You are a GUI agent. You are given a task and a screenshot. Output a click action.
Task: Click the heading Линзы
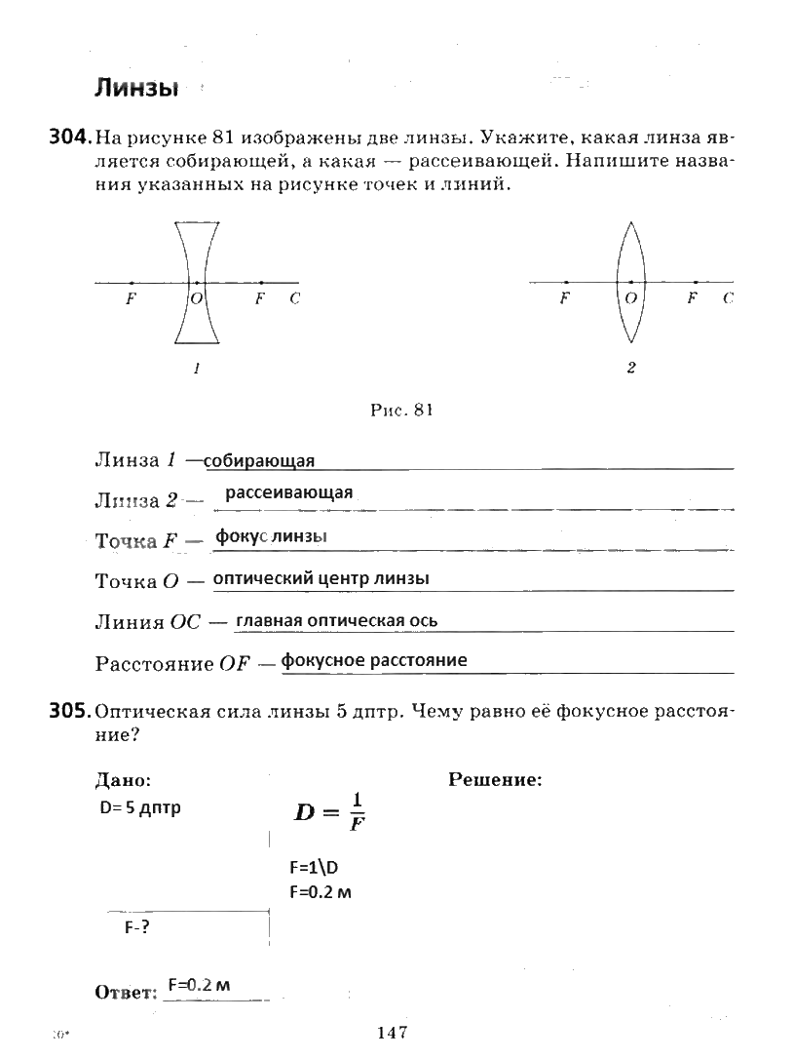pos(135,89)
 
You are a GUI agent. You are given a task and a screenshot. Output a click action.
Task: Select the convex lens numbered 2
pos(630,283)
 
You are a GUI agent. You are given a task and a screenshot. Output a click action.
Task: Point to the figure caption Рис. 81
pos(400,411)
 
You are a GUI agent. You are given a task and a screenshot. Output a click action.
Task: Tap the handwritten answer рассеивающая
pos(288,492)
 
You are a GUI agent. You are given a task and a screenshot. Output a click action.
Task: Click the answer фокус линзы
pos(271,537)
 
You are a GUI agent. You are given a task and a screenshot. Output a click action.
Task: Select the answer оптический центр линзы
pos(321,578)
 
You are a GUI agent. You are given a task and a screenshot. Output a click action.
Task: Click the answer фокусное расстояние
pos(374,660)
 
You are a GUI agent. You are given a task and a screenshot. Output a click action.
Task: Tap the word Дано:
pos(123,779)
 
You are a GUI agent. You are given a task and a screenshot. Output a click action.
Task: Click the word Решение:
pos(495,779)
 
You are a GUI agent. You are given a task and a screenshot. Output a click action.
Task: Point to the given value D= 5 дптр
pos(140,807)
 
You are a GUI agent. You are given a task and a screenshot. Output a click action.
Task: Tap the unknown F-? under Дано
pos(136,927)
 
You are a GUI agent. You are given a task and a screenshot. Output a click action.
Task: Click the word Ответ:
pos(126,992)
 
